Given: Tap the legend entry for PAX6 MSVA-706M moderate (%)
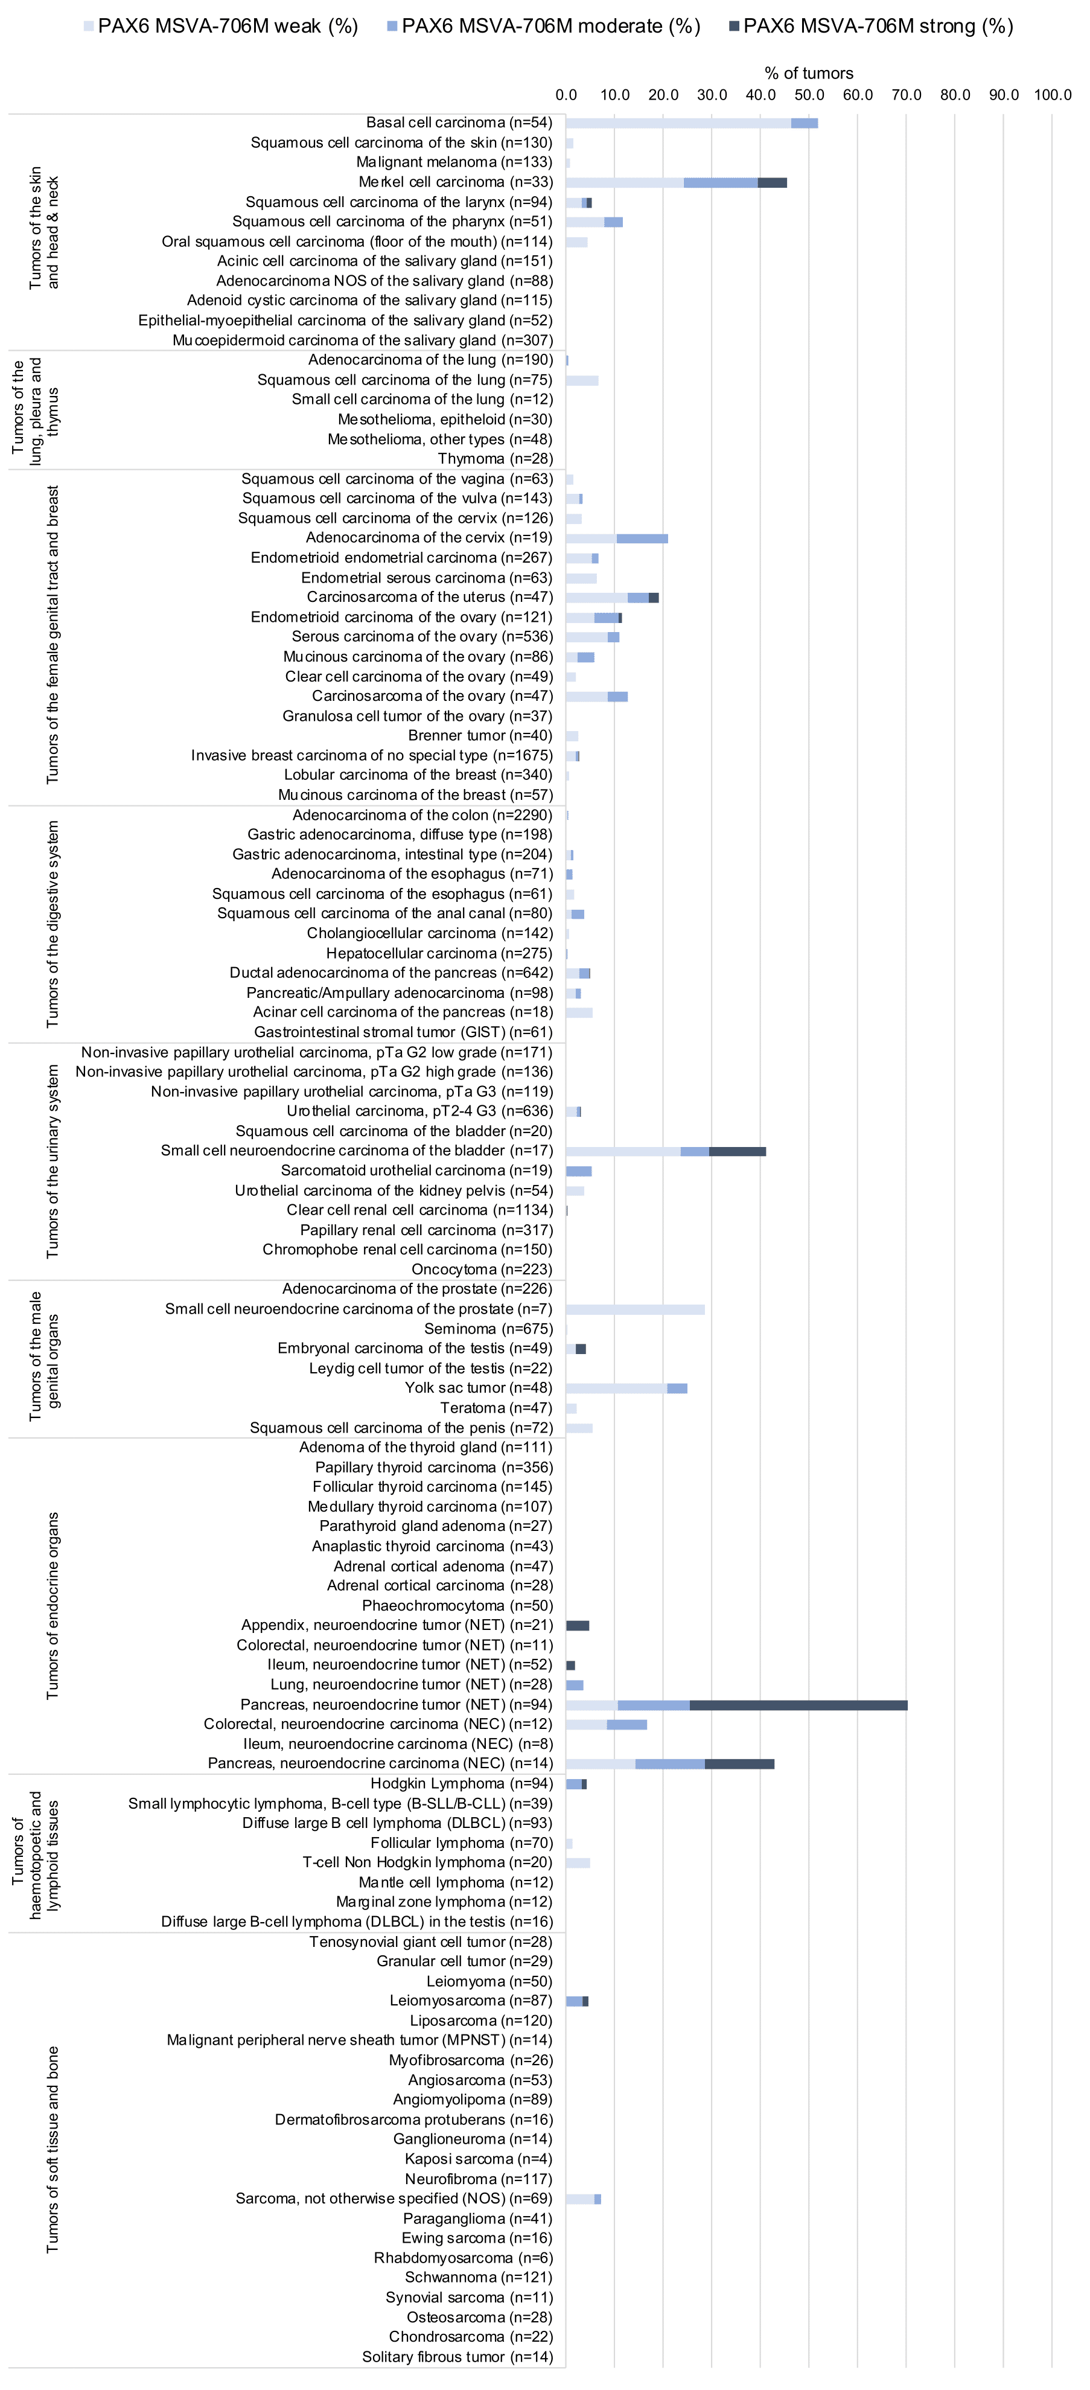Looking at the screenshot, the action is (544, 26).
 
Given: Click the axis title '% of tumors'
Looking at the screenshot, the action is (809, 73).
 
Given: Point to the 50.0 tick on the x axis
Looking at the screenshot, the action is (809, 95).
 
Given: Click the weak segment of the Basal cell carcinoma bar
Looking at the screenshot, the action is (678, 123).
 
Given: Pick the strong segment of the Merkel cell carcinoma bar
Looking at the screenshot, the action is (773, 183).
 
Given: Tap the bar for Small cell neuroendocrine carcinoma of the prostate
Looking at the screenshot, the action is (636, 1310).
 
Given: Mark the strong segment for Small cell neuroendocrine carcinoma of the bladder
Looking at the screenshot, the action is (738, 1151).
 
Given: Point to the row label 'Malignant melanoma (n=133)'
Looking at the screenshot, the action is (454, 162).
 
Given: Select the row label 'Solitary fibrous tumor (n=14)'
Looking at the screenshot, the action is (457, 2357).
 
